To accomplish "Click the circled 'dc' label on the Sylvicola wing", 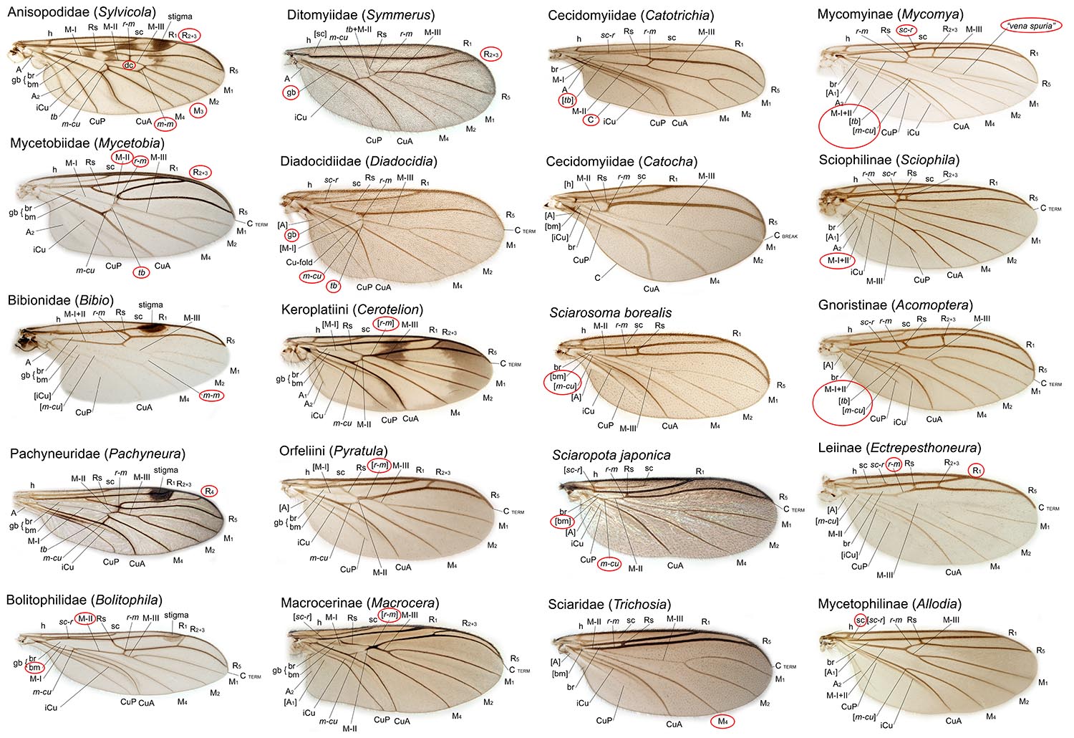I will pyautogui.click(x=129, y=66).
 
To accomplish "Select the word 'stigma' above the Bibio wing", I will pyautogui.click(x=150, y=305).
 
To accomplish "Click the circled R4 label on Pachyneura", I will pyautogui.click(x=210, y=491).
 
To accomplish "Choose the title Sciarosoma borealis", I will pyautogui.click(x=611, y=312).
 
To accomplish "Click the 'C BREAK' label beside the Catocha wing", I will pyautogui.click(x=785, y=236).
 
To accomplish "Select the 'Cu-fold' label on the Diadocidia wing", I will pyautogui.click(x=301, y=262).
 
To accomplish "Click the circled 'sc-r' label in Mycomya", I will pyautogui.click(x=906, y=30).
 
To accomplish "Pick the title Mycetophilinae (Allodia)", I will pyautogui.click(x=889, y=604).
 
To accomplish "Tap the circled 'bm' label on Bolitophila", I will pyautogui.click(x=34, y=667).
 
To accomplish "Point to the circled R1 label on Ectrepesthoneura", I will pyautogui.click(x=976, y=469).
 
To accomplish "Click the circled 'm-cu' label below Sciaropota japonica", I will pyautogui.click(x=609, y=564).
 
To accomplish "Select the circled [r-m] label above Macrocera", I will pyautogui.click(x=390, y=614).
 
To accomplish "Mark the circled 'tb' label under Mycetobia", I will pyautogui.click(x=142, y=272).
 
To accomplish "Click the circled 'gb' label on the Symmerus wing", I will pyautogui.click(x=291, y=92).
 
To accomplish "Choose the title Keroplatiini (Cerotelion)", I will pyautogui.click(x=352, y=310).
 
